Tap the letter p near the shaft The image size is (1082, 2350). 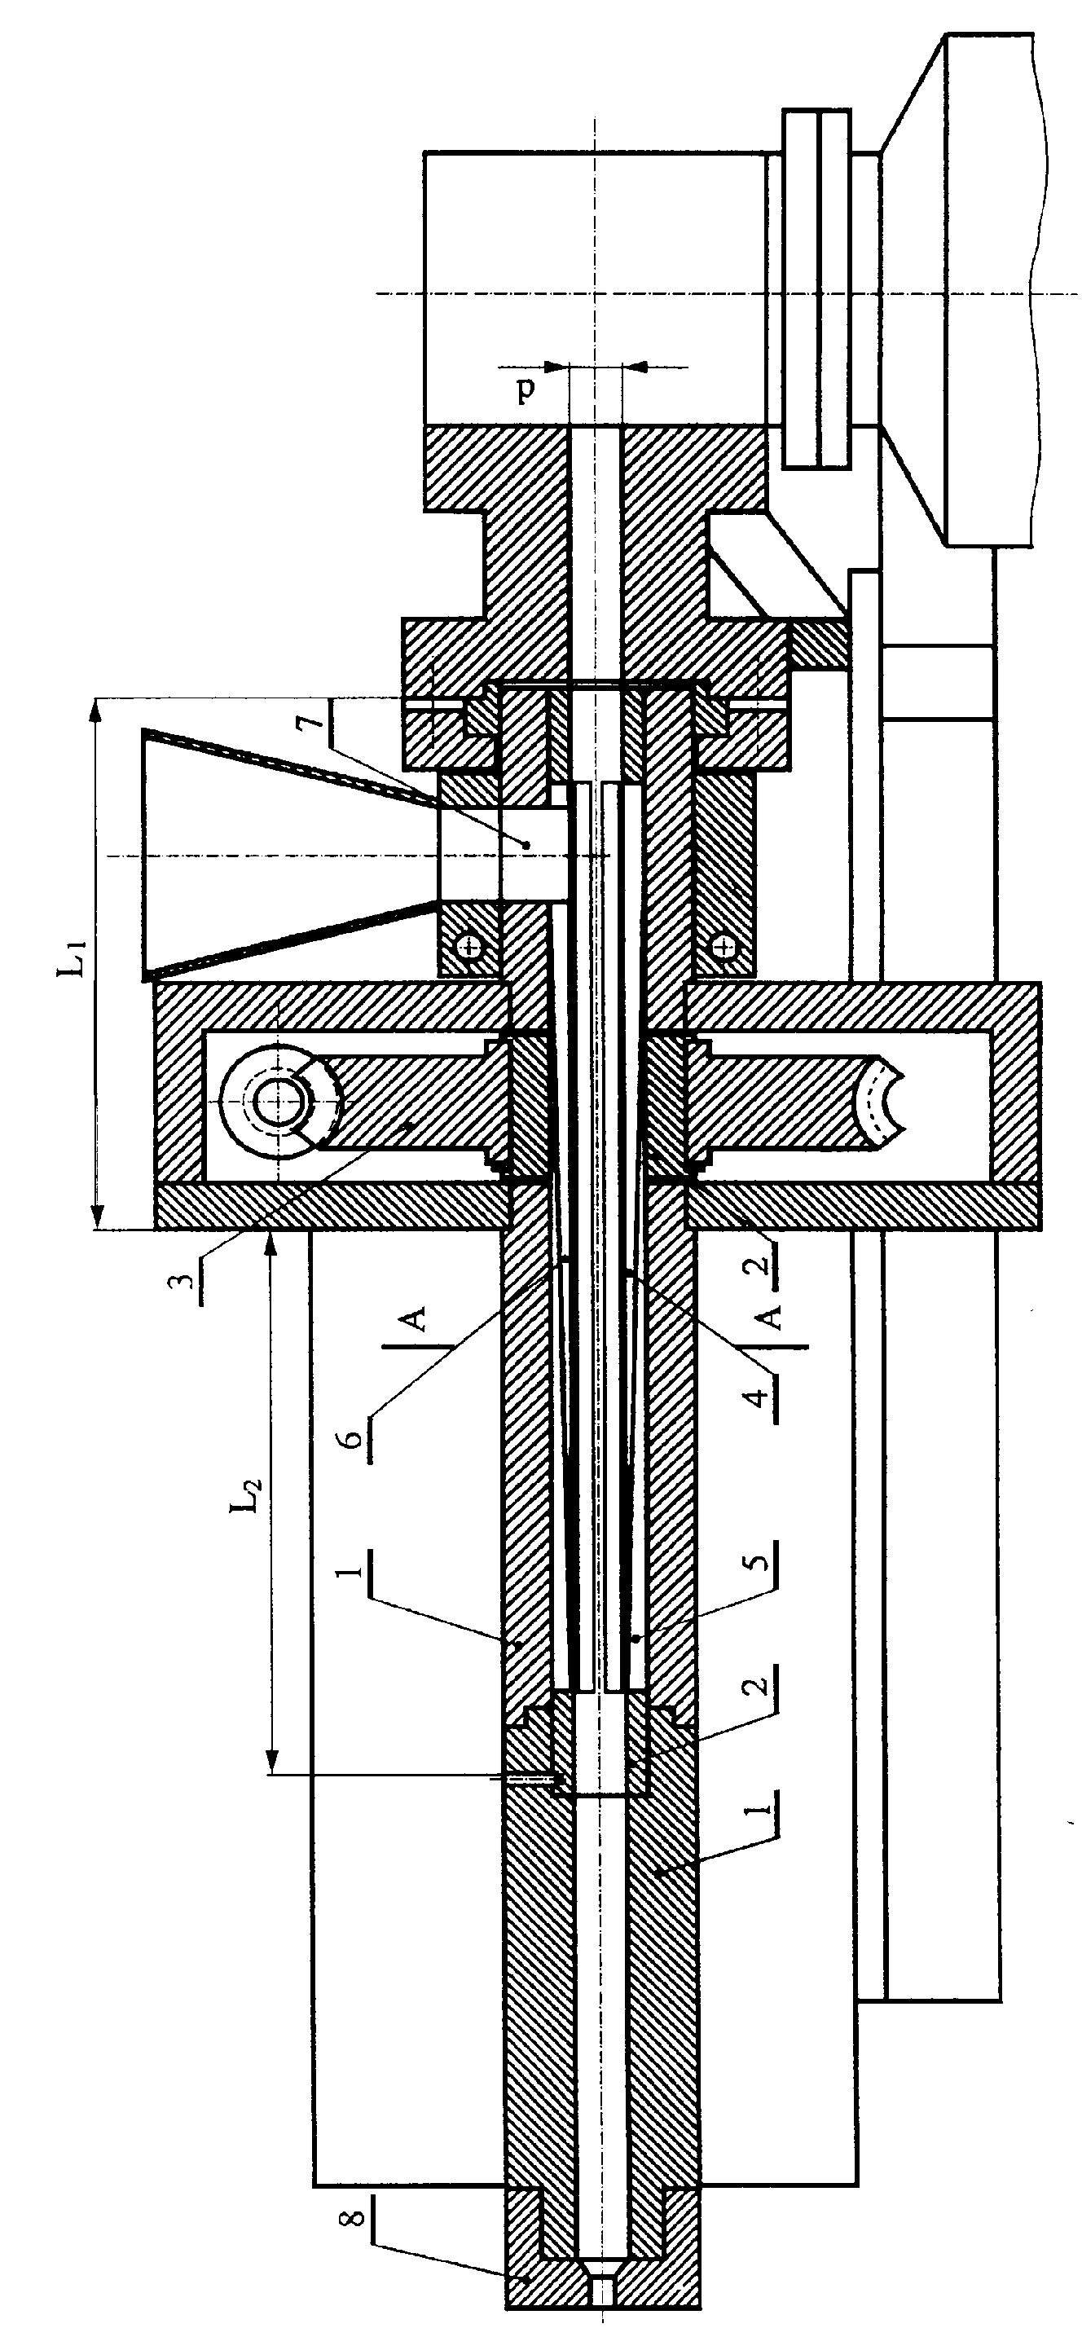526,390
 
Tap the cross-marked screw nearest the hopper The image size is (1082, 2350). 470,946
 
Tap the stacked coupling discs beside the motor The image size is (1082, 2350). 818,290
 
